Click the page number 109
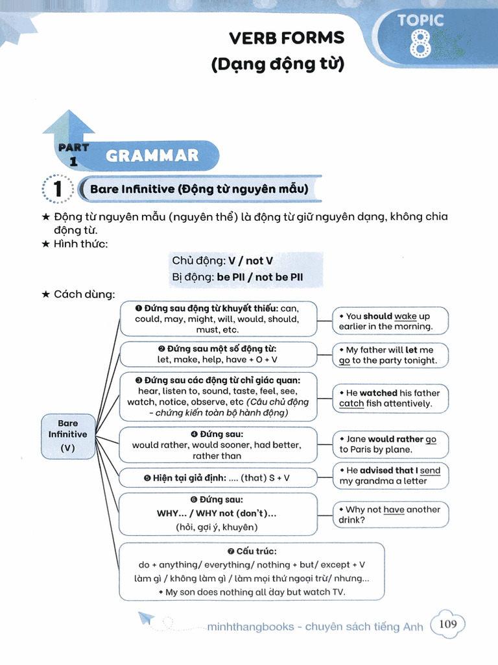[x=447, y=624]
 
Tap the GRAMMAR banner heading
[x=152, y=156]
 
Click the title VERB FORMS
[x=287, y=38]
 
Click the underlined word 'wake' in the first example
[x=405, y=316]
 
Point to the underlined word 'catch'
[x=351, y=404]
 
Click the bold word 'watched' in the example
[x=379, y=393]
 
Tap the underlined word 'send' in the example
[x=430, y=470]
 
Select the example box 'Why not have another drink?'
[x=390, y=514]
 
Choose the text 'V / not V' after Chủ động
[x=250, y=261]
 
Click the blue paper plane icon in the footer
[x=147, y=618]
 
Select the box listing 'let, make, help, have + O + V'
[x=218, y=354]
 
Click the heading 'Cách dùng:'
[x=84, y=294]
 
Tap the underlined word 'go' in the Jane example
[x=431, y=439]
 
